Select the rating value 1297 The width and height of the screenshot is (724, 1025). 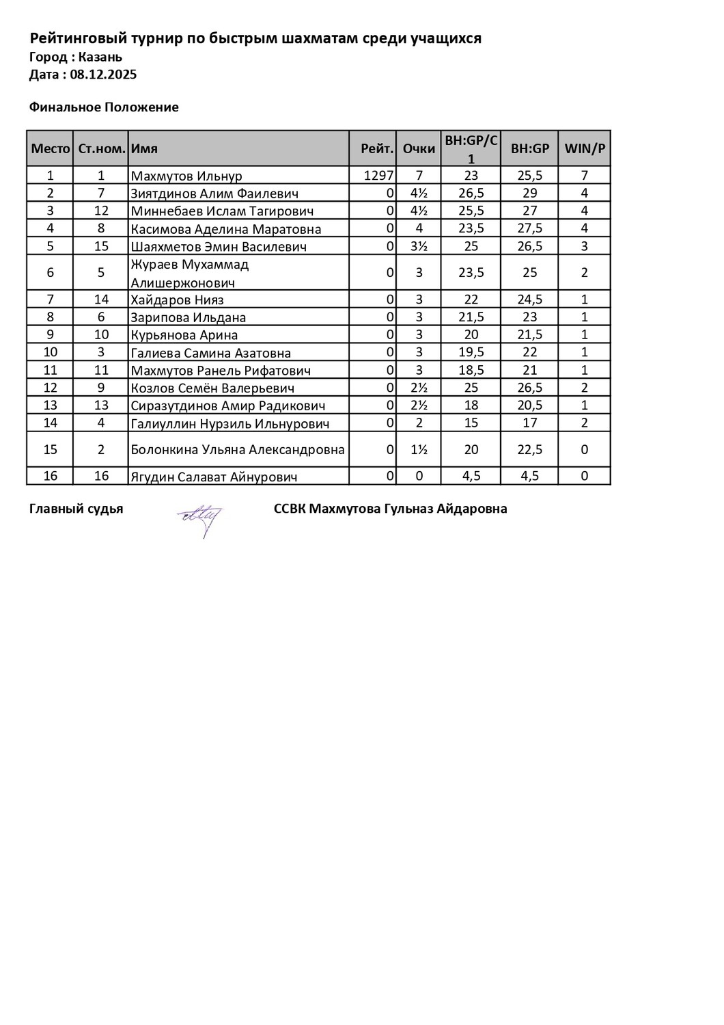point(378,176)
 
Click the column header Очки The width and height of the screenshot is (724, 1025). point(419,148)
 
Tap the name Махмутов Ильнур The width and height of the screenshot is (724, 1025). point(186,176)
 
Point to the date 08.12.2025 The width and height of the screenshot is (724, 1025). point(103,75)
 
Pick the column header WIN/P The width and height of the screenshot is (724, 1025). point(585,148)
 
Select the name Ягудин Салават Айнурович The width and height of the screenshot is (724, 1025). point(214,477)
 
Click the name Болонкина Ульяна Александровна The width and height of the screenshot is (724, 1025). point(238,449)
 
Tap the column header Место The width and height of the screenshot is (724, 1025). point(51,148)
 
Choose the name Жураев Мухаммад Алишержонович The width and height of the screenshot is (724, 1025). point(190,273)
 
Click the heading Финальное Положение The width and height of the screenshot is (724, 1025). point(104,107)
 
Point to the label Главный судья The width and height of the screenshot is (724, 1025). point(76,509)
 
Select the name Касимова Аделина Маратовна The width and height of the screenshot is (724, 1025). point(225,229)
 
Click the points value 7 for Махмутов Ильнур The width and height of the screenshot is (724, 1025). point(419,176)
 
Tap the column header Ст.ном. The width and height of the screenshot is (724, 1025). point(101,148)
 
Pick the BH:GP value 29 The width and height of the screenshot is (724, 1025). point(530,194)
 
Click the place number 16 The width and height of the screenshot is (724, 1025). point(51,476)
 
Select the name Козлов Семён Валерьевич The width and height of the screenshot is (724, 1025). point(212,388)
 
